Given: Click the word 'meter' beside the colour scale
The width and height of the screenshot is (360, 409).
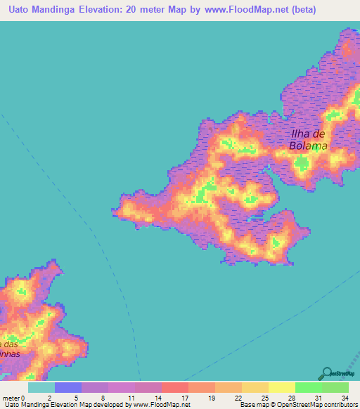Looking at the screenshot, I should [12, 398].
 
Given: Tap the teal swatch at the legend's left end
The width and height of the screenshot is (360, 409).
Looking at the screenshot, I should [41, 387].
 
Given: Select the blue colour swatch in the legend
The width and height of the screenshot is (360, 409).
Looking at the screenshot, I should [68, 387].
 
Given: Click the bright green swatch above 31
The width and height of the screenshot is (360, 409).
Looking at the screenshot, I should [309, 387].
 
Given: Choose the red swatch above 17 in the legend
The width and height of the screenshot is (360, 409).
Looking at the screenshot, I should [175, 387].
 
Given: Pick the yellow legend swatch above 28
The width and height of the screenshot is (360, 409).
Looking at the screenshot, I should [282, 387].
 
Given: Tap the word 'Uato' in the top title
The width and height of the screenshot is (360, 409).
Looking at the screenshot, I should [21, 10].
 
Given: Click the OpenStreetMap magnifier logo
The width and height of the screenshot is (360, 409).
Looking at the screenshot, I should [327, 373].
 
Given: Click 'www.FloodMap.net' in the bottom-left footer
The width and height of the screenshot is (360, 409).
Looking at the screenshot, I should [161, 405].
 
